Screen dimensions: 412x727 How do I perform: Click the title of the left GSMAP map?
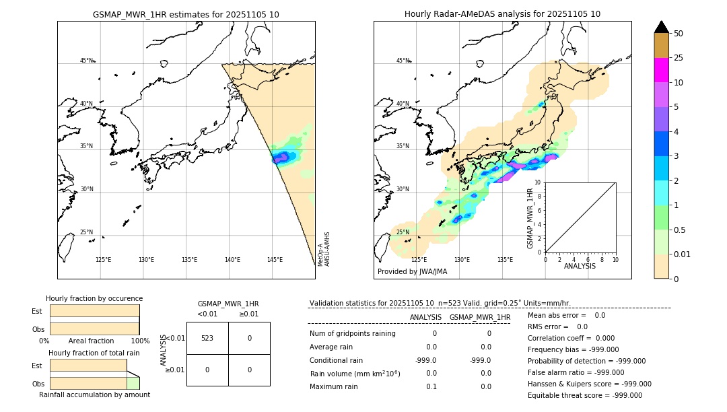tap(186, 14)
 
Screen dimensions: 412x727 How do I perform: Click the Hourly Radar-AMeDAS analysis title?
tap(502, 14)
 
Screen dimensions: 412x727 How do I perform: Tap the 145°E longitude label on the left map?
tap(275, 260)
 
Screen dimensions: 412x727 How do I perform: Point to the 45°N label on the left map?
tap(86, 61)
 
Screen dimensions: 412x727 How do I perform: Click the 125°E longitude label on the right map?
tap(419, 260)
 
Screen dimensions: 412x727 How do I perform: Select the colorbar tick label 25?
tap(679, 58)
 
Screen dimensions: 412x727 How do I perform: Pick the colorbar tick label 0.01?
tap(683, 254)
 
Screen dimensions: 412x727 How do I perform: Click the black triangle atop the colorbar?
tap(662, 27)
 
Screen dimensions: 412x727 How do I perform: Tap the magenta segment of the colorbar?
tap(662, 70)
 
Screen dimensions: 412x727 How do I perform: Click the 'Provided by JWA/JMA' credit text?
tap(412, 272)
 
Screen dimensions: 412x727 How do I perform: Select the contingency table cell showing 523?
tap(207, 338)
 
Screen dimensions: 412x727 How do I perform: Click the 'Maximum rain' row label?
tap(335, 386)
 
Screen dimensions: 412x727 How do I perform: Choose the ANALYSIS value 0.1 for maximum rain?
tap(431, 386)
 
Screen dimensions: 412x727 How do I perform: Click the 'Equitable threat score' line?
tap(584, 395)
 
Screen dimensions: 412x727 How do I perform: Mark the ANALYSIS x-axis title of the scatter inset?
tap(580, 266)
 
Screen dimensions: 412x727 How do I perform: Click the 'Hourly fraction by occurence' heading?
tap(94, 298)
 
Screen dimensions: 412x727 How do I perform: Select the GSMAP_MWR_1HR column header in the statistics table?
tap(479, 317)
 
